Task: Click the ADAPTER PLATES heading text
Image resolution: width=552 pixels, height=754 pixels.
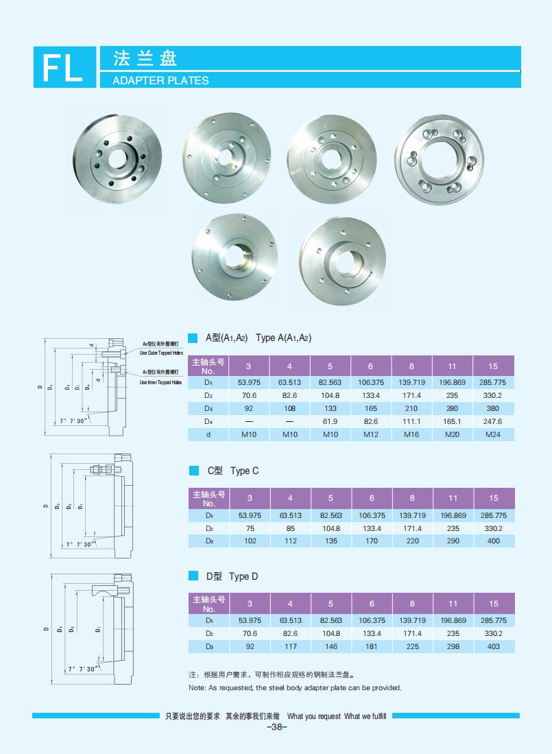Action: click(x=154, y=80)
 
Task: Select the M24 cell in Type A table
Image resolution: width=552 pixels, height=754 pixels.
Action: click(x=492, y=434)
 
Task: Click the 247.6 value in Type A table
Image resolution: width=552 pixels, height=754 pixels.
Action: click(x=492, y=421)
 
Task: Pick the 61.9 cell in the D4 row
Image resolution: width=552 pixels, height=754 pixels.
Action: click(x=330, y=421)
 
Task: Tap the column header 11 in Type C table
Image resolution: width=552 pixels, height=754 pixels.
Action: click(x=453, y=498)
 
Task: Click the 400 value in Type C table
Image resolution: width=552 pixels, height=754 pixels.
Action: click(x=493, y=541)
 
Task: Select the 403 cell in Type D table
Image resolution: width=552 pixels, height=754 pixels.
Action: click(x=493, y=646)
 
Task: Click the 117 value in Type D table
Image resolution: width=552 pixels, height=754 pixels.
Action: click(x=290, y=646)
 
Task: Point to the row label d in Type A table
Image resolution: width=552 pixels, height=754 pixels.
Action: click(x=208, y=434)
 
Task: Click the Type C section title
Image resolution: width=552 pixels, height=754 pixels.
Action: click(x=233, y=471)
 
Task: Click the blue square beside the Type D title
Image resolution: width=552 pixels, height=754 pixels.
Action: click(x=193, y=576)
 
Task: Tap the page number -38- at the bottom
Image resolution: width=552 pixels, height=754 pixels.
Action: click(x=276, y=727)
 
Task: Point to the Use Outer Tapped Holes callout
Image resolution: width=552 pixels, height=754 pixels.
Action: click(x=161, y=353)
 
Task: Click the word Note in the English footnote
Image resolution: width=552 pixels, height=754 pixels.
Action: click(x=197, y=687)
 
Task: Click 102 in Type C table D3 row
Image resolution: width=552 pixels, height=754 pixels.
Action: click(x=250, y=541)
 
